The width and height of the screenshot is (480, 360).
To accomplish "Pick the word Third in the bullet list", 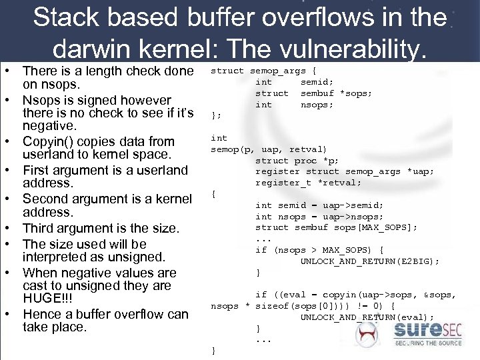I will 41,229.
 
